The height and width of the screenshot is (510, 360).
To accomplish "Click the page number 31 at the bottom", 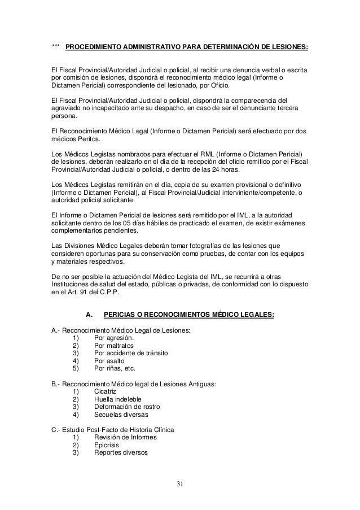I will [179, 484].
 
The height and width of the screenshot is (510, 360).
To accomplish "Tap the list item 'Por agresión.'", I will [115, 338].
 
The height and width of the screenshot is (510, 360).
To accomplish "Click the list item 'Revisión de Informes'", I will [126, 438].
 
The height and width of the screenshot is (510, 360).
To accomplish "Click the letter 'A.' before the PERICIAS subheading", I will [88, 315].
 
